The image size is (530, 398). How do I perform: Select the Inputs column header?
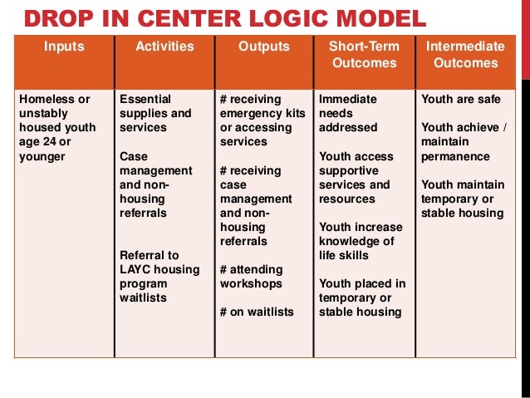click(63, 47)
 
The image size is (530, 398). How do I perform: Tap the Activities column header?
click(164, 47)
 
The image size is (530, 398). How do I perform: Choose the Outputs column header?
click(263, 47)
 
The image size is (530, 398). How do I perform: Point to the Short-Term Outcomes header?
click(364, 54)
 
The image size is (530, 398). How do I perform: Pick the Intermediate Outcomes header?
click(464, 54)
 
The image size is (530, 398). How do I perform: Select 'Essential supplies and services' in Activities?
click(155, 113)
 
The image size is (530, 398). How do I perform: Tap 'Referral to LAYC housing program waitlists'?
click(159, 276)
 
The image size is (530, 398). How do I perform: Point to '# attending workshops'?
click(251, 277)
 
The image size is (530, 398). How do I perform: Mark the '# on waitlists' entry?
click(257, 312)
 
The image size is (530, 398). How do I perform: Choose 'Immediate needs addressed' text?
click(348, 113)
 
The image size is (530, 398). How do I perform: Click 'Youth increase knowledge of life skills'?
click(361, 241)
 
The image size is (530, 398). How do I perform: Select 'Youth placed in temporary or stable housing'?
click(362, 297)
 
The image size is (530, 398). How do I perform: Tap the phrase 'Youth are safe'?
click(461, 99)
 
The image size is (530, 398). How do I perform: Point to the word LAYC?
click(135, 269)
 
